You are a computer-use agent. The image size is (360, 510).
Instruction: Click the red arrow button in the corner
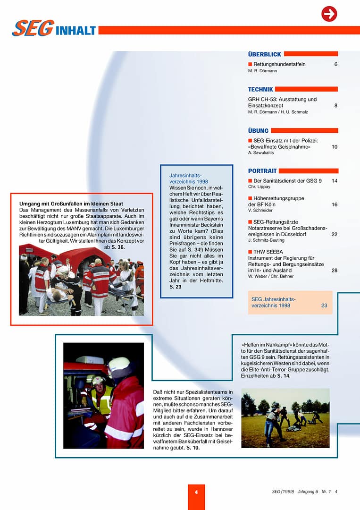pos(329,14)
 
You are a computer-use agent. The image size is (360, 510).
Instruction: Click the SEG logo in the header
pos(33,29)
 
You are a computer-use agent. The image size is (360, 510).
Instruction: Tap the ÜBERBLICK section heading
pos(264,54)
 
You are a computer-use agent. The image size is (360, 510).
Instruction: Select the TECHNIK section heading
pos(260,89)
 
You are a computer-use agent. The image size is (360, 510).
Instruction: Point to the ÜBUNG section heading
pos(258,130)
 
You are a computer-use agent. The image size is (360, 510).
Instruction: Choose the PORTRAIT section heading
pos(262,171)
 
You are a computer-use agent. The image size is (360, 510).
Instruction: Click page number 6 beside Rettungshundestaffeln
pos(336,64)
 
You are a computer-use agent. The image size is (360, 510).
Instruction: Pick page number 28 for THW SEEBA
pos(335,270)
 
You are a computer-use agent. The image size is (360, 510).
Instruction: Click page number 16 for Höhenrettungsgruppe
pos(335,204)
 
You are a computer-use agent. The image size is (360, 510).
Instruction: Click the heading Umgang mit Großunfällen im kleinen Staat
pos(71,204)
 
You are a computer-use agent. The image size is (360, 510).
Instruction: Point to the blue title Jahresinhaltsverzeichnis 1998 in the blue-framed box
pos(188,178)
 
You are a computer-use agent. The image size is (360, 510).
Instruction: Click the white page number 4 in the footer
pos(196,492)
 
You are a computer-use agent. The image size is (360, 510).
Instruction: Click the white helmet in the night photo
pos(118,363)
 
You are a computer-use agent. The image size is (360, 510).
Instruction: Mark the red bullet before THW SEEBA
pos(250,252)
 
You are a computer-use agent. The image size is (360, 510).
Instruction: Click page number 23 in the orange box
pos(324,306)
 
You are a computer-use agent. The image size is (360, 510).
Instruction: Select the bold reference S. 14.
pos(284,376)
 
